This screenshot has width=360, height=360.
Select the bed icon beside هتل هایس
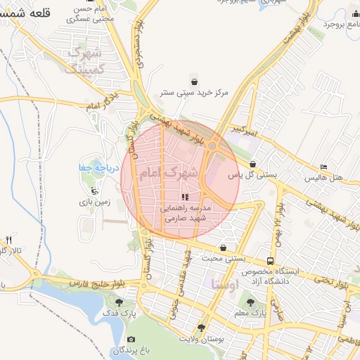pos(323,167)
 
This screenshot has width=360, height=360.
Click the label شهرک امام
pos(168,172)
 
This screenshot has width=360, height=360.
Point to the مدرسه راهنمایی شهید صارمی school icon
pos(184,198)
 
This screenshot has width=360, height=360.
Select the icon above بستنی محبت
pos(223,247)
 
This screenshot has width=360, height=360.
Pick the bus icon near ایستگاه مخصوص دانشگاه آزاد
pos(271,260)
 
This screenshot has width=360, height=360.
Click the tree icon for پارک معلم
pos(252,302)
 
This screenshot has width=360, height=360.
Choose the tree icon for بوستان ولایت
pos(202,328)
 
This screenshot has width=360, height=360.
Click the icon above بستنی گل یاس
pos(252,164)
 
